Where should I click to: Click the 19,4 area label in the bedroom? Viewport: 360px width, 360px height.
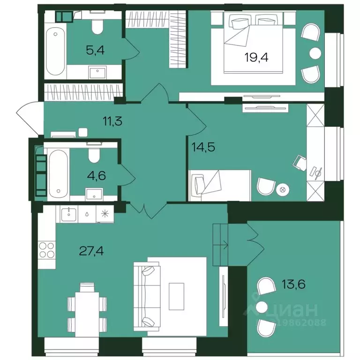coord(256,57)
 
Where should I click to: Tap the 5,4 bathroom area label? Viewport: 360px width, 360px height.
coord(95,50)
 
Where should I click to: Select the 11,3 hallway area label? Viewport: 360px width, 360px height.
coord(112,121)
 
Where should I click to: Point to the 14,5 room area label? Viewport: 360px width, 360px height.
coord(203,147)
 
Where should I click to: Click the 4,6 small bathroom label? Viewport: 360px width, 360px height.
coord(97,176)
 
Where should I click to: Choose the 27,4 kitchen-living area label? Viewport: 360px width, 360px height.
coord(91,251)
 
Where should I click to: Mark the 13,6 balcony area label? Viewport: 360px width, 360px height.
coord(293,284)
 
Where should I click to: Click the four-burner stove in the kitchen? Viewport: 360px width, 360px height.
coord(47,250)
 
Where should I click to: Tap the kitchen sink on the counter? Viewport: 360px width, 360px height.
coord(69,214)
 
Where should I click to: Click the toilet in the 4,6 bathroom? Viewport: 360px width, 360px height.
coord(94,155)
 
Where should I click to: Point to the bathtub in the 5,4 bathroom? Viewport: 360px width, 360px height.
coord(55,51)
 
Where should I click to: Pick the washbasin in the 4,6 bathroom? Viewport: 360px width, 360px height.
coord(94,194)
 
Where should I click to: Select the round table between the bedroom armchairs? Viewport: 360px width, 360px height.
coord(315,53)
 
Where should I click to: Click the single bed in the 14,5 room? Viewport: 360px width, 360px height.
coord(219,186)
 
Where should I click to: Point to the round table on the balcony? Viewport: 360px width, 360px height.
coord(262,307)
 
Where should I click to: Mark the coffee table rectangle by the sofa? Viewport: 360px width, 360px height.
coord(177,296)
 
